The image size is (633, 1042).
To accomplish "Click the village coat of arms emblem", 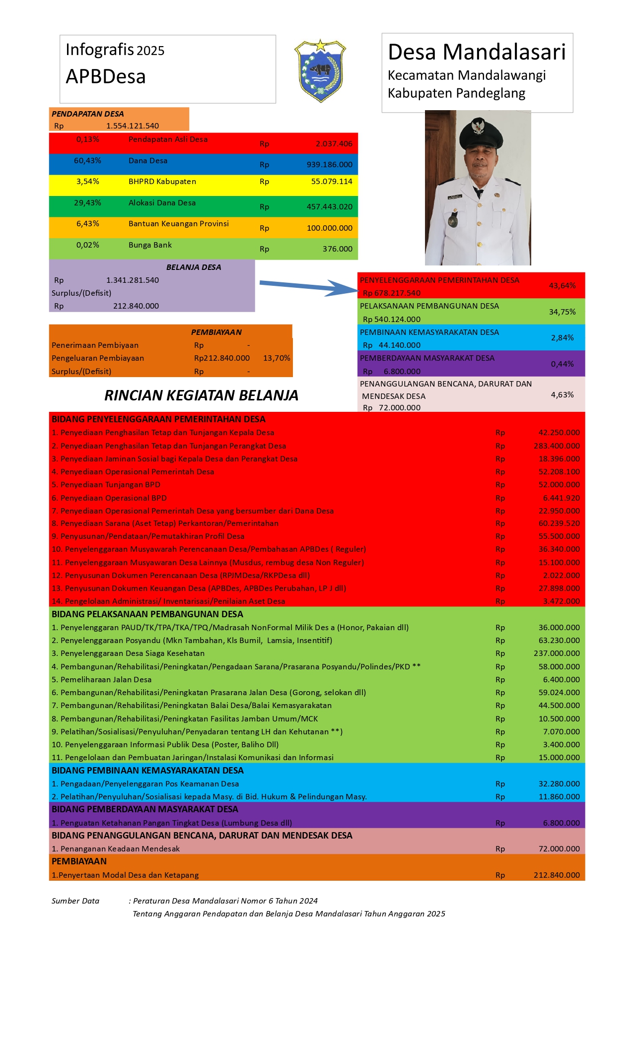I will coord(320,70).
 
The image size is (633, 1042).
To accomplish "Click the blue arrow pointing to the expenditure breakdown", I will coord(308,286).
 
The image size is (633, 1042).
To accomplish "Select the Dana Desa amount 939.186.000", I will coord(329,165).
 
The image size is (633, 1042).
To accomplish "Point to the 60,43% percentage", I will coord(87,161).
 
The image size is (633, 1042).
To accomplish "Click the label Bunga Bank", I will coord(150,245).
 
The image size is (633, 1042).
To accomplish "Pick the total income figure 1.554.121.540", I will coord(133,126).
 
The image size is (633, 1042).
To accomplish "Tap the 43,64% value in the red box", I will coord(562,286).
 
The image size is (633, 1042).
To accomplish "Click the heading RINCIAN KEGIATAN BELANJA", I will coord(201,395).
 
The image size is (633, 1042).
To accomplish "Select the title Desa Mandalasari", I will coord(477,52).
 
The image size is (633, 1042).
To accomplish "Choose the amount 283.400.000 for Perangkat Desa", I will coord(557,446).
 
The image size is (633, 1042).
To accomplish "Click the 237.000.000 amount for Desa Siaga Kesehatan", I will coord(557,653).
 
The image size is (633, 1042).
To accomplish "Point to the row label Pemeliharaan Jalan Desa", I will coord(106,680).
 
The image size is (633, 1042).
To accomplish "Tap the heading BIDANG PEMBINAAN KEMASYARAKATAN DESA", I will coord(147,771).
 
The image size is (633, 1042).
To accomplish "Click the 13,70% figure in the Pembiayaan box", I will coord(277,358).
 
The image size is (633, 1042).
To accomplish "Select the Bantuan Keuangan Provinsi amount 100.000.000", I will coord(329,228).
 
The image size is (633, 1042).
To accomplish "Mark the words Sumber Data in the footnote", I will coord(75,901).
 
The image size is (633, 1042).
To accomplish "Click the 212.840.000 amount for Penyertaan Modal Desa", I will coord(557,875).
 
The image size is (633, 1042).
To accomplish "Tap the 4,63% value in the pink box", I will coord(562,395).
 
